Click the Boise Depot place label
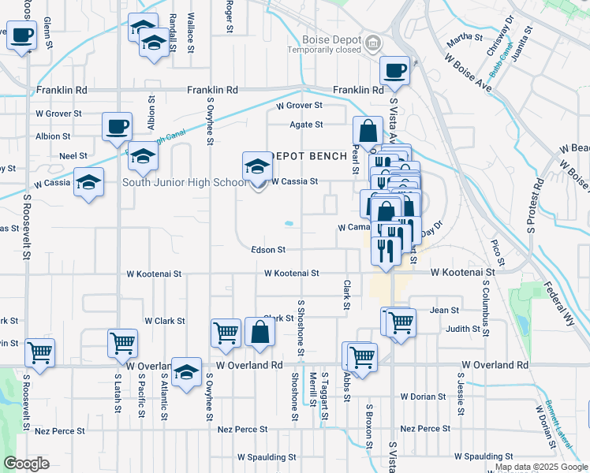click(331, 40)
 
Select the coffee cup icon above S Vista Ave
click(395, 71)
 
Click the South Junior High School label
click(185, 183)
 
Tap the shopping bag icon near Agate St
click(368, 131)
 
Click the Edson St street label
click(267, 249)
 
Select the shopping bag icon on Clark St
click(260, 333)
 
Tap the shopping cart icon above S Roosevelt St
click(39, 353)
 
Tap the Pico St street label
click(497, 250)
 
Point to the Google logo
click(26, 464)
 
